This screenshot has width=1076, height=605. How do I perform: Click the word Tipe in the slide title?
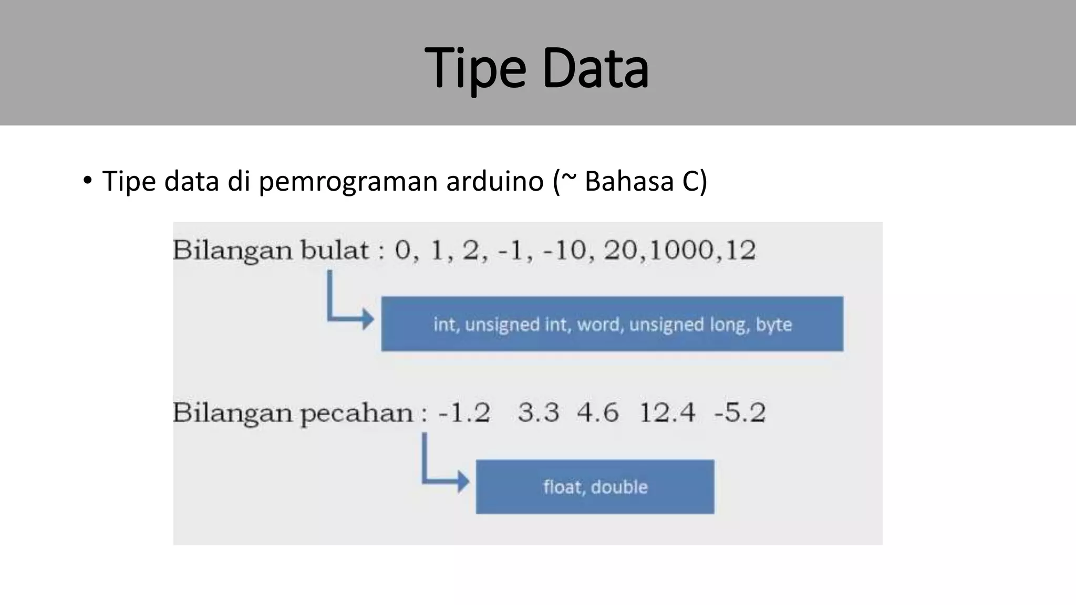coord(474,69)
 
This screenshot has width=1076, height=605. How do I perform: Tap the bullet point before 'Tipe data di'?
coord(87,181)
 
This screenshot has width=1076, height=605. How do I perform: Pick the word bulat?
coord(334,250)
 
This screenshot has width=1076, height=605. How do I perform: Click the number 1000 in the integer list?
coord(681,250)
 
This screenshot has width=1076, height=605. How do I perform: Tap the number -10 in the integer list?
coord(568,250)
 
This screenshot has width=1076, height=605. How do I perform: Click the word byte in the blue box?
coord(773,325)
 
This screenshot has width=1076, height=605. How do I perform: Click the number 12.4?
coord(667,413)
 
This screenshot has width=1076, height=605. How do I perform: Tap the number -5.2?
coord(739,413)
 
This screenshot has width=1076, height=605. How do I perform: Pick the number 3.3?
coord(539,413)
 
